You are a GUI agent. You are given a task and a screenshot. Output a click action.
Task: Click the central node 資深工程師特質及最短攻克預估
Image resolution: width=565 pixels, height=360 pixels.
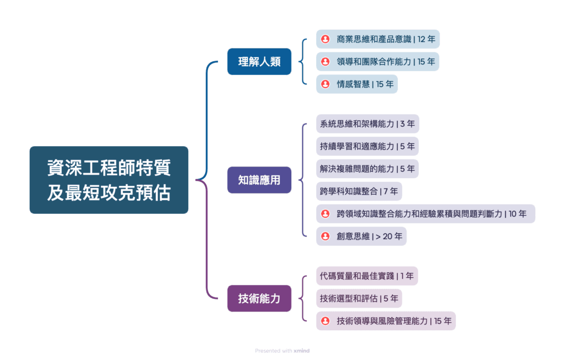tap(109, 180)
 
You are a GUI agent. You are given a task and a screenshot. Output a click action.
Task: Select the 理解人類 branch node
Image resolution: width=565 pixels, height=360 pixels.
tap(259, 61)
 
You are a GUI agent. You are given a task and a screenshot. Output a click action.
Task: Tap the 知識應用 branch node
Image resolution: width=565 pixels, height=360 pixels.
tap(259, 180)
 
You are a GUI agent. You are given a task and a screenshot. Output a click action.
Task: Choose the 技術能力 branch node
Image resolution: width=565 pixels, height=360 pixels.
tap(259, 298)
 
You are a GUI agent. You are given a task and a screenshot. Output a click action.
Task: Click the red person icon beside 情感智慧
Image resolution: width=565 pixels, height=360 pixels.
tap(326, 84)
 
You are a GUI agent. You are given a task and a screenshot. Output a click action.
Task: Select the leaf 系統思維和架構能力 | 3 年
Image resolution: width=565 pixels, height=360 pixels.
tap(367, 123)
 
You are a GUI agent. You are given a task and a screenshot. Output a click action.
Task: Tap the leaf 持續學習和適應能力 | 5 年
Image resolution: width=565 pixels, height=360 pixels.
tap(367, 146)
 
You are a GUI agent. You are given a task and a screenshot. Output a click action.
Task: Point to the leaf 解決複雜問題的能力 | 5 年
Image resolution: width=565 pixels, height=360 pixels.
tap(367, 169)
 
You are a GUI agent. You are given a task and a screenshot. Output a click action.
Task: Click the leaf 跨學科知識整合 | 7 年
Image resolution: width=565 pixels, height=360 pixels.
tap(359, 191)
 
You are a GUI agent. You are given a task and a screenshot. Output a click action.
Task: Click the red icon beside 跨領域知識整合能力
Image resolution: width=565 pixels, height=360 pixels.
tap(326, 214)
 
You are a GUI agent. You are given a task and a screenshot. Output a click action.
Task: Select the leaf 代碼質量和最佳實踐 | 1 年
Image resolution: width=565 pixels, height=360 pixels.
tap(366, 276)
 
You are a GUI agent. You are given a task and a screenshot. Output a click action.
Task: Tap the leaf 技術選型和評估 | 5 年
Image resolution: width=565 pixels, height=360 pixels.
tap(359, 298)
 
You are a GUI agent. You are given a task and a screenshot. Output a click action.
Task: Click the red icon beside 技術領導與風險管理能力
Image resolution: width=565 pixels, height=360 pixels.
tap(326, 321)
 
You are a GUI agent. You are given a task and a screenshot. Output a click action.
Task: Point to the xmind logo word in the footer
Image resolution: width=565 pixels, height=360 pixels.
tap(302, 351)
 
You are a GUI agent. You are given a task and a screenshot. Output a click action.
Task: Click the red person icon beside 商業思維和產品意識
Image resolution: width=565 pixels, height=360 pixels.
tap(326, 39)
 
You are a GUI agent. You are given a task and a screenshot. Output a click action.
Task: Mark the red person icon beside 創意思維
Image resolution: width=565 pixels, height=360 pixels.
tap(326, 237)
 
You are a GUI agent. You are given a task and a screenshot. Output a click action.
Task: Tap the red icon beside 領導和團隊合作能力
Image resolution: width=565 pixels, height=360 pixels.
tap(326, 62)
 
